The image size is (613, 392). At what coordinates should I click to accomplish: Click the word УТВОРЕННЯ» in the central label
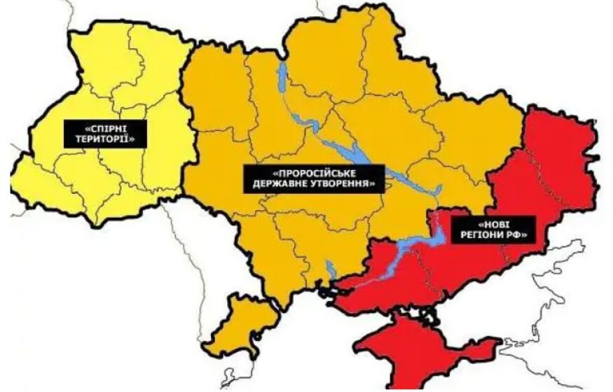point(345,185)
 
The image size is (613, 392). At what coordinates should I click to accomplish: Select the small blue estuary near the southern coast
point(329,269)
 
